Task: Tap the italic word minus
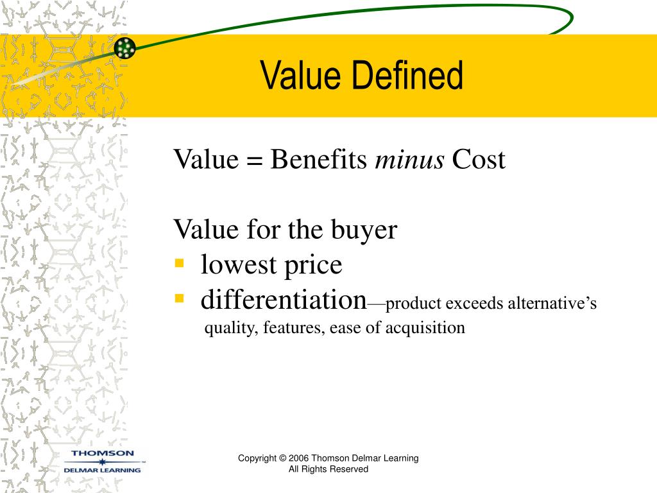click(x=409, y=160)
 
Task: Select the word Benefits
click(x=318, y=160)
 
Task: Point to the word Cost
click(x=479, y=160)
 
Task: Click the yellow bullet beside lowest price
click(x=180, y=263)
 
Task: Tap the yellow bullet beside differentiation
click(x=180, y=298)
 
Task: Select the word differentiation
click(x=283, y=299)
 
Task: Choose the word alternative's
click(x=552, y=303)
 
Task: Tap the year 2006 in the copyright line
click(x=299, y=458)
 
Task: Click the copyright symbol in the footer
click(x=283, y=458)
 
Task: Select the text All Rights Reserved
click(x=328, y=469)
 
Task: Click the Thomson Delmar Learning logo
click(x=103, y=462)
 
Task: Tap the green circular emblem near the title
click(x=125, y=48)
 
